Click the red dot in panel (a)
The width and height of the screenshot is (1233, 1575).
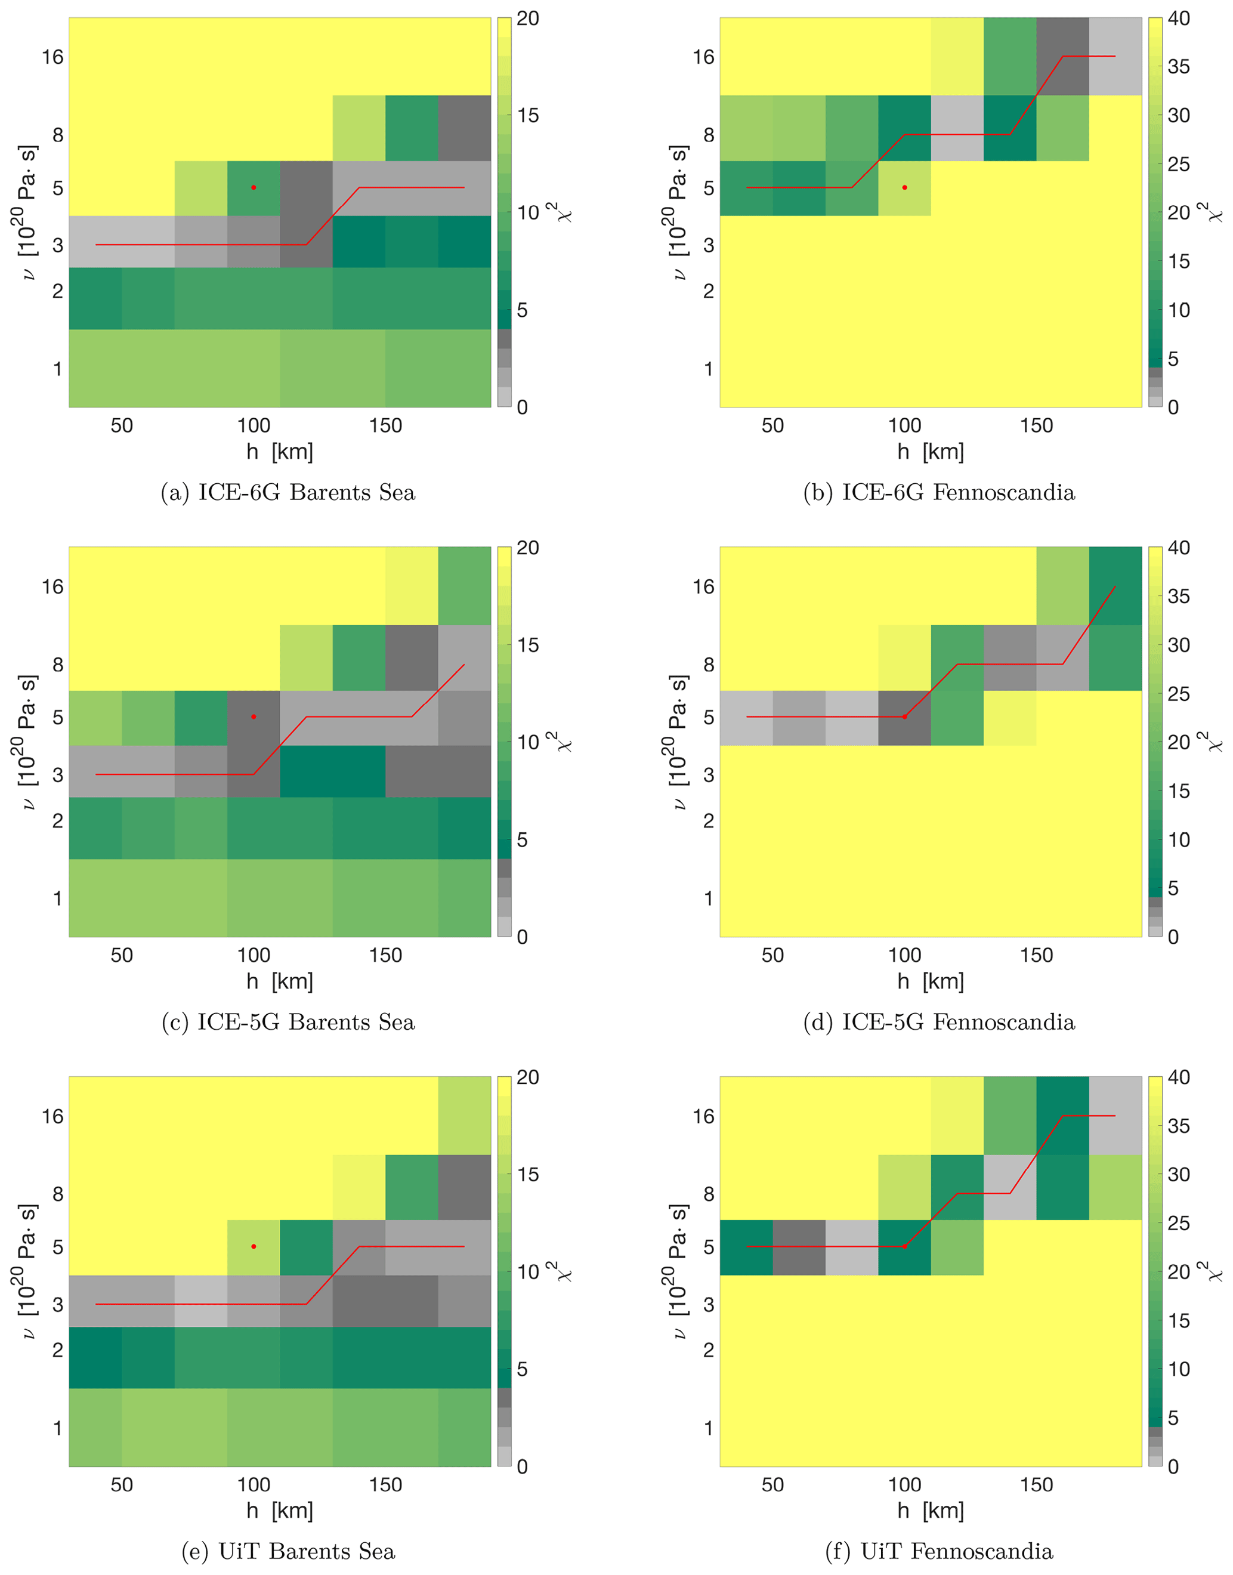click(254, 188)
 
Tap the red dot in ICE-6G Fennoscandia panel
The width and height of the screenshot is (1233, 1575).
click(904, 188)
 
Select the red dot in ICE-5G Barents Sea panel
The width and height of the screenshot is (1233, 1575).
click(254, 717)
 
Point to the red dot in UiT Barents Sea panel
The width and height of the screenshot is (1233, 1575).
click(254, 1246)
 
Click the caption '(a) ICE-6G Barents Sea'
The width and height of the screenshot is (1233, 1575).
click(288, 493)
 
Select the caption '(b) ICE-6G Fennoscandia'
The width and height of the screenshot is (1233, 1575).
click(938, 493)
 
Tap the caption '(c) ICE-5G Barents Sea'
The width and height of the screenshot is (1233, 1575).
click(288, 1022)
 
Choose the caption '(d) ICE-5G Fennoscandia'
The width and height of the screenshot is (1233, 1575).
click(938, 1022)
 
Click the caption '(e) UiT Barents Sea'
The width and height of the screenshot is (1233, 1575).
click(288, 1552)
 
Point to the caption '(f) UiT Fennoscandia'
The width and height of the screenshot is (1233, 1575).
click(938, 1552)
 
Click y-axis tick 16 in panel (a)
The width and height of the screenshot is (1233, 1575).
click(52, 57)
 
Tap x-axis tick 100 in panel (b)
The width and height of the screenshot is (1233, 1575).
click(904, 426)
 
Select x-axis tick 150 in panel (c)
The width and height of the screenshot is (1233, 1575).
click(385, 956)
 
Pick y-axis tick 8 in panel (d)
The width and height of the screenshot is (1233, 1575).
click(708, 665)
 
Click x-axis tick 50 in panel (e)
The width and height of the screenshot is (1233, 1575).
click(121, 1486)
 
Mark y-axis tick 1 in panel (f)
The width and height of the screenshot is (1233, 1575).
click(708, 1428)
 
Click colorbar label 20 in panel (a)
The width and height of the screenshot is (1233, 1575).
click(528, 18)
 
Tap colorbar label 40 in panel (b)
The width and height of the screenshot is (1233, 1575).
click(1179, 18)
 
